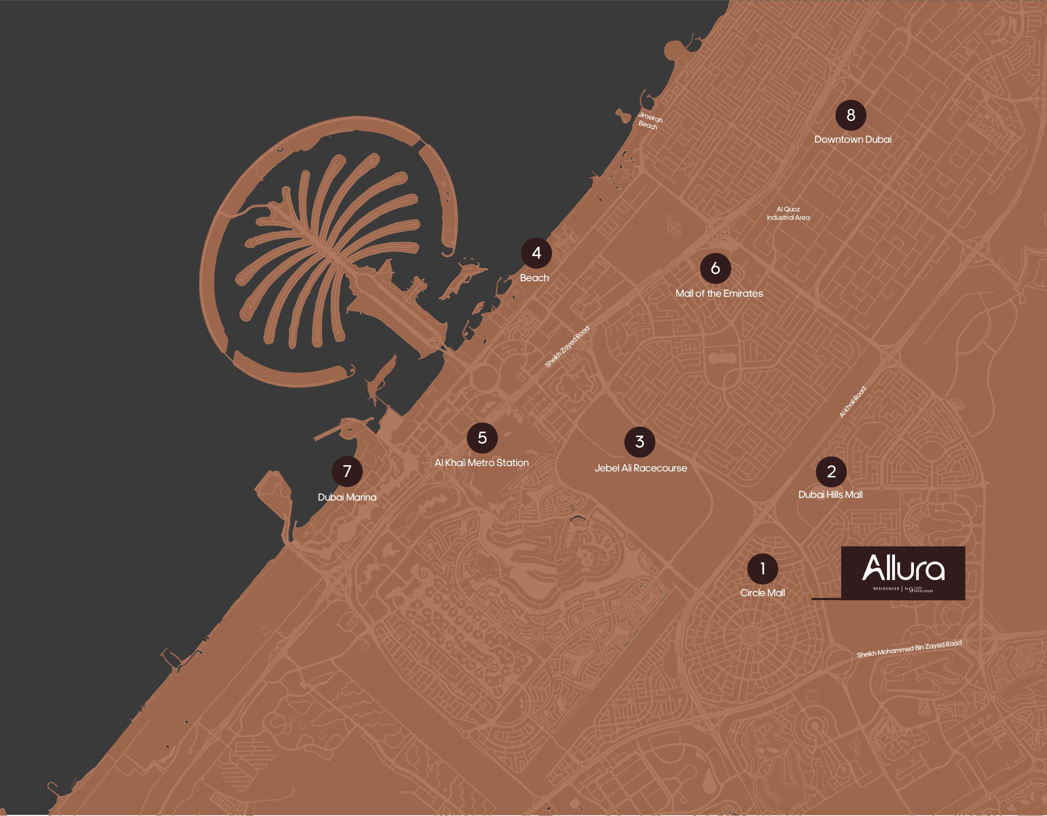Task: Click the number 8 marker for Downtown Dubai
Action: tap(850, 115)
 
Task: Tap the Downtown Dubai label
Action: tap(853, 139)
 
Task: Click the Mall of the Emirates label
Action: tap(719, 293)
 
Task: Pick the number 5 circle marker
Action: tap(482, 438)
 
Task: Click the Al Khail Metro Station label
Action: tap(481, 463)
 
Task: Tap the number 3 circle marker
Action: tap(639, 442)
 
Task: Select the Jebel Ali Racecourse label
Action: tap(640, 468)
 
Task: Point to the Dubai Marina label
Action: tap(347, 497)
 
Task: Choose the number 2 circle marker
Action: tap(831, 471)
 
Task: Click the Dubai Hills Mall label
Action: tap(830, 494)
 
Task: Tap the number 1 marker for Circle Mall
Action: tap(762, 569)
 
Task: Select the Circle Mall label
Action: tap(762, 593)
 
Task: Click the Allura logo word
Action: tap(903, 568)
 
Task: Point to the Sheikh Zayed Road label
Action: tap(567, 347)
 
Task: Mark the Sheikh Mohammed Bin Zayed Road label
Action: tap(909, 649)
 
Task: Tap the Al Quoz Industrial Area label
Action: tap(788, 213)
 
